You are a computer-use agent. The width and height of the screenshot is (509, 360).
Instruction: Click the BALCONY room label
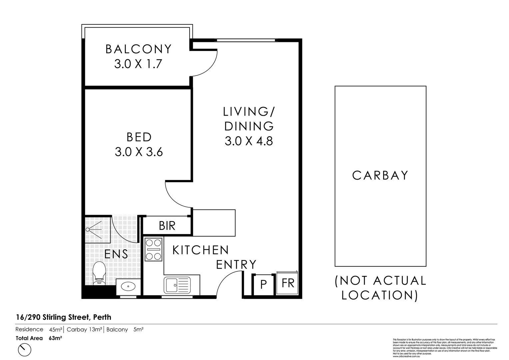tap(138, 49)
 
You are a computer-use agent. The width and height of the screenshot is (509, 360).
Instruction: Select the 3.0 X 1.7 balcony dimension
tap(138, 64)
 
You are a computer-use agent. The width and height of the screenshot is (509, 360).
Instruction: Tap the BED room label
tap(139, 137)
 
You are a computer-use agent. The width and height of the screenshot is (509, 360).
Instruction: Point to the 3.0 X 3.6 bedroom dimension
tap(139, 152)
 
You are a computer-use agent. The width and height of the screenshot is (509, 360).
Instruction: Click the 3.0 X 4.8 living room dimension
tap(249, 141)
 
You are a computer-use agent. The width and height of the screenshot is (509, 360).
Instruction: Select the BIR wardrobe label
tap(167, 226)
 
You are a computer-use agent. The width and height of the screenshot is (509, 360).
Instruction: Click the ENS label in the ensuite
tap(116, 254)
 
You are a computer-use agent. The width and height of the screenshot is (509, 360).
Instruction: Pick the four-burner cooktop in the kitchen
tap(154, 249)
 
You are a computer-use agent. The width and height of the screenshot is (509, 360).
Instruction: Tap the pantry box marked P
tap(263, 285)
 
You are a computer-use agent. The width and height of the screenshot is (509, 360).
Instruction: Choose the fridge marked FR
tap(288, 283)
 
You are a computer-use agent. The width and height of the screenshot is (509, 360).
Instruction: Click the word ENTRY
tap(236, 265)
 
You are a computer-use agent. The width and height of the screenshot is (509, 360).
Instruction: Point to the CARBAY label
tap(380, 175)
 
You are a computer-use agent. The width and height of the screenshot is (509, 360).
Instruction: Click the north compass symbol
tap(24, 350)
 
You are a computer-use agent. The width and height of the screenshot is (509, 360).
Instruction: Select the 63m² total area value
tap(56, 338)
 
